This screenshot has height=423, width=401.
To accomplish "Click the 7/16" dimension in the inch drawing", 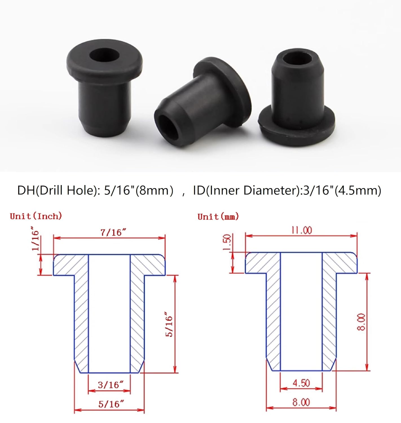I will (x=113, y=232).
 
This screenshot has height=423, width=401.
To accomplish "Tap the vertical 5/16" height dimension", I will (x=169, y=324).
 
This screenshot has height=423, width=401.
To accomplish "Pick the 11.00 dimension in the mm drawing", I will (x=301, y=230).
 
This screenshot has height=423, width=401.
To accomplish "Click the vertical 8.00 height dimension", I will (x=361, y=322).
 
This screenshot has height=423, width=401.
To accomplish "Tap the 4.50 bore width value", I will (x=301, y=383).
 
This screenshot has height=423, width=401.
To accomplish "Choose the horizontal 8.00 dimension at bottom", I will (x=301, y=402).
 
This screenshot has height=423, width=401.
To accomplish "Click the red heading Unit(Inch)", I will (x=36, y=216).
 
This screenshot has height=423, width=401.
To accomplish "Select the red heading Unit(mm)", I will (x=218, y=217).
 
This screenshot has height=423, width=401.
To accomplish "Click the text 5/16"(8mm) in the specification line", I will (x=138, y=190).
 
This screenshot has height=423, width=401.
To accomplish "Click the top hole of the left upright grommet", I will (x=104, y=55).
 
